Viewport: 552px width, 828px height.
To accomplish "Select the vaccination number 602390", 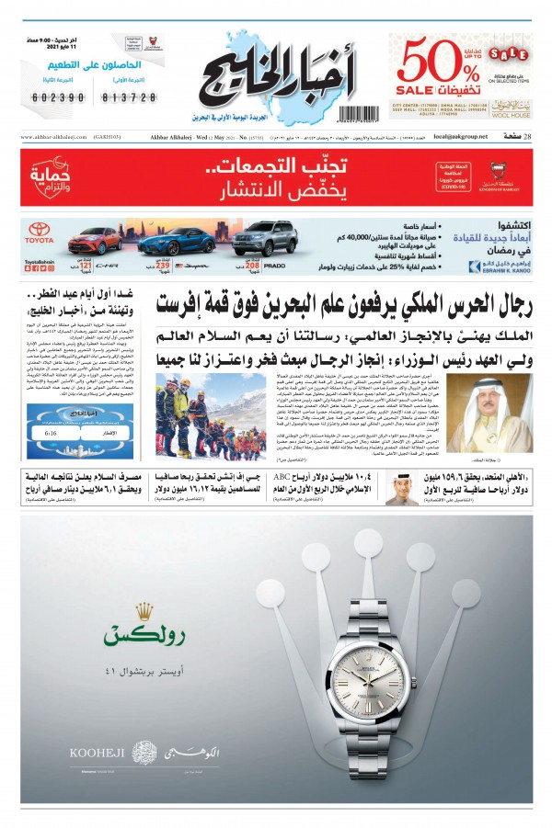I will coord(59,96).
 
